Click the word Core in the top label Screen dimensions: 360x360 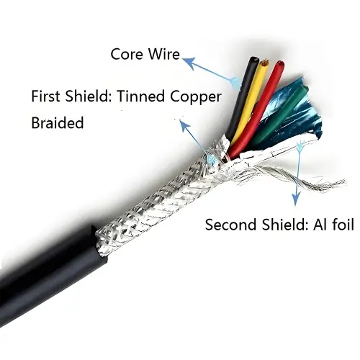pyautogui.click(x=127, y=54)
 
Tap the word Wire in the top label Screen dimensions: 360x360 pyautogui.click(x=164, y=54)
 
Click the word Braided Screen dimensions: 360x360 pyautogui.click(x=58, y=122)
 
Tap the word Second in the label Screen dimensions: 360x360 pyautogui.click(x=231, y=225)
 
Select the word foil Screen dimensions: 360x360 pyautogui.click(x=342, y=225)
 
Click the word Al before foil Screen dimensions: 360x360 pyautogui.click(x=320, y=225)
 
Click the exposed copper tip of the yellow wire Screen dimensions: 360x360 pyautogui.click(x=265, y=63)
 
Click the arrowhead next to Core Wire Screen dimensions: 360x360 pyautogui.click(x=189, y=62)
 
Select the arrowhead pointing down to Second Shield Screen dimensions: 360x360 pyautogui.click(x=295, y=199)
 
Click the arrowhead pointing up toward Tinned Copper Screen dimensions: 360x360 pyautogui.click(x=185, y=125)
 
